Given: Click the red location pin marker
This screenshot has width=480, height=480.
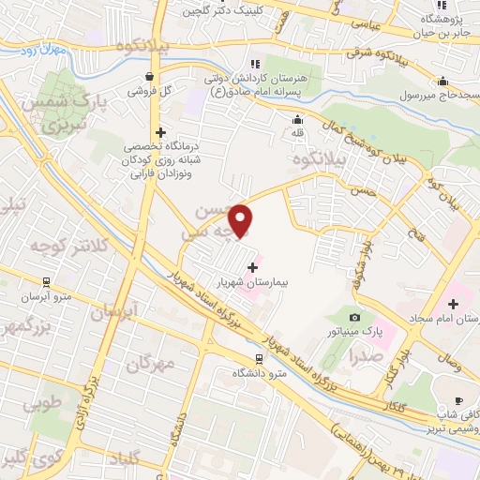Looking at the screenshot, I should coord(242,222).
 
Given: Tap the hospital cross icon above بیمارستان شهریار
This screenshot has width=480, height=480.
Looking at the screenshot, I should coord(251,267).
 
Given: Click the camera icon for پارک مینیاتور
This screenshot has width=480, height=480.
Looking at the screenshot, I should coord(354,317).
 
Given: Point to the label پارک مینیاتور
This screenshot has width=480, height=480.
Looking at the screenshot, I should coord(354,331).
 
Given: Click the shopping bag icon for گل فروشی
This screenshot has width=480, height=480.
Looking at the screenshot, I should coord(149,77).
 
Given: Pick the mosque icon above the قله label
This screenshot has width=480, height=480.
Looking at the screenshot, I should coord(298,119).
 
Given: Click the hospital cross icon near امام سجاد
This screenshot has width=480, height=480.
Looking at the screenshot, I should coord(454,304).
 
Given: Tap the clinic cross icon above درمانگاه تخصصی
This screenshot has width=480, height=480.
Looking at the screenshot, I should coord(161,133).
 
